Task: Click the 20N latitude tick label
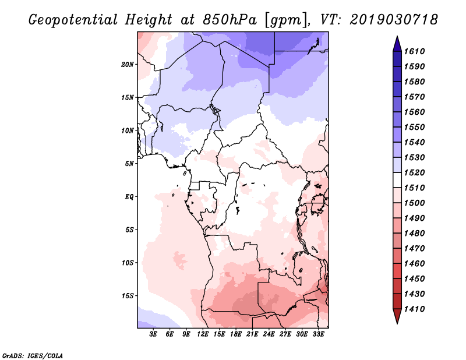point(128,64)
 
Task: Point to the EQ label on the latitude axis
point(129,196)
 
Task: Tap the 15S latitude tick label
point(128,296)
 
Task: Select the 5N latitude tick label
point(129,164)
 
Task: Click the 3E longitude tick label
point(153,334)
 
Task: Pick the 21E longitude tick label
point(252,334)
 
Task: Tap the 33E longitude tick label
point(318,334)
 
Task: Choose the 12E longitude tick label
point(202,334)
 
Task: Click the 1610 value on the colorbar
point(414,51)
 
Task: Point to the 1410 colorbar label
point(414,309)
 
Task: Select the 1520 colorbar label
point(414,172)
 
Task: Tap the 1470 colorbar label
point(414,249)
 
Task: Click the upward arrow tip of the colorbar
point(397,36)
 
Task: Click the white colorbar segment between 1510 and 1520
point(397,180)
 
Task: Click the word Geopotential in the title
point(73,20)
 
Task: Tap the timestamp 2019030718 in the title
point(394,19)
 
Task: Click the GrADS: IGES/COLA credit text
point(33,356)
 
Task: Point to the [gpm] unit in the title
point(285,20)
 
